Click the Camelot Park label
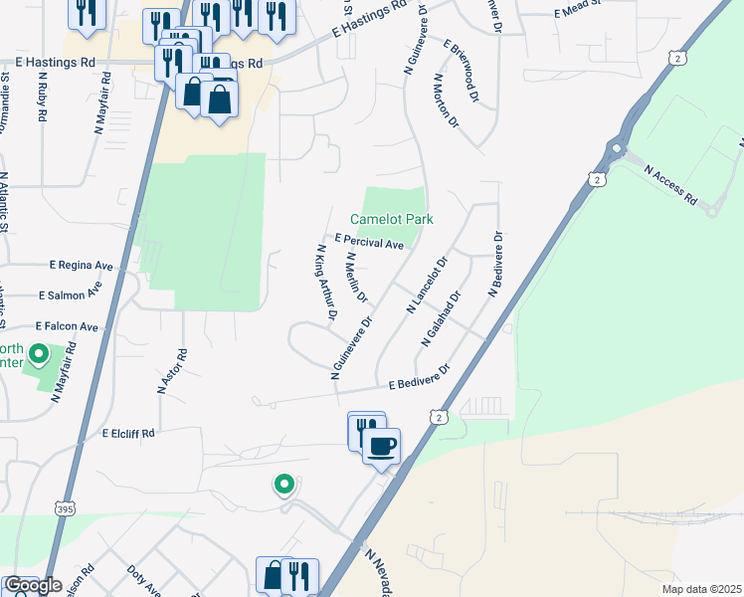(x=392, y=219)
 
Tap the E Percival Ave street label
(x=369, y=242)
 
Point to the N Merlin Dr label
(x=355, y=278)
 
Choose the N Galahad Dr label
(x=443, y=318)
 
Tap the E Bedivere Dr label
(x=419, y=376)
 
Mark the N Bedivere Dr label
(x=495, y=265)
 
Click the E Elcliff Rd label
(x=128, y=434)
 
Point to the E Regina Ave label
(x=82, y=266)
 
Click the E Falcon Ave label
(x=67, y=326)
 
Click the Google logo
(x=33, y=585)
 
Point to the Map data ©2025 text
(x=701, y=589)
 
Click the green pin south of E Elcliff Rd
(x=283, y=485)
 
